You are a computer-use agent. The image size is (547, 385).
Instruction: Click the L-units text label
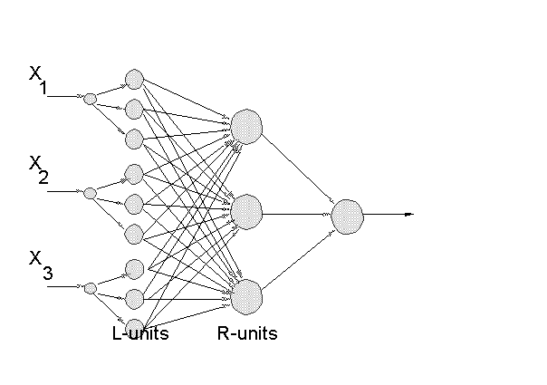[140, 333]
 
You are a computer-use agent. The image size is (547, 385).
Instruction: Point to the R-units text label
[247, 333]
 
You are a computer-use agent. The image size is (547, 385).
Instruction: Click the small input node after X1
[90, 98]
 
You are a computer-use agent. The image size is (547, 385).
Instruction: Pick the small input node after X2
[90, 192]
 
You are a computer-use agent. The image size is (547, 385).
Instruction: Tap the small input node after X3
[90, 288]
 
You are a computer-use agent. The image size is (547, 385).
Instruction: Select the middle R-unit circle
[245, 212]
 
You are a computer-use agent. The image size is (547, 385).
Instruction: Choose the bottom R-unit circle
[245, 294]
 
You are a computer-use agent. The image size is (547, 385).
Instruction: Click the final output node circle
[347, 216]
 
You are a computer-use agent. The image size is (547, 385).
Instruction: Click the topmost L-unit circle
[134, 78]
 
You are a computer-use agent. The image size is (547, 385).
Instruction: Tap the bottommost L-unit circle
[134, 328]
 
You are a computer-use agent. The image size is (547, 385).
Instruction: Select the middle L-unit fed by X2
[134, 202]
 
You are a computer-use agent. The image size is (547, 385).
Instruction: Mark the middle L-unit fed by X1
[134, 109]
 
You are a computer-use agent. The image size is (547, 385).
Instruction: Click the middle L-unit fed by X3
[134, 298]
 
